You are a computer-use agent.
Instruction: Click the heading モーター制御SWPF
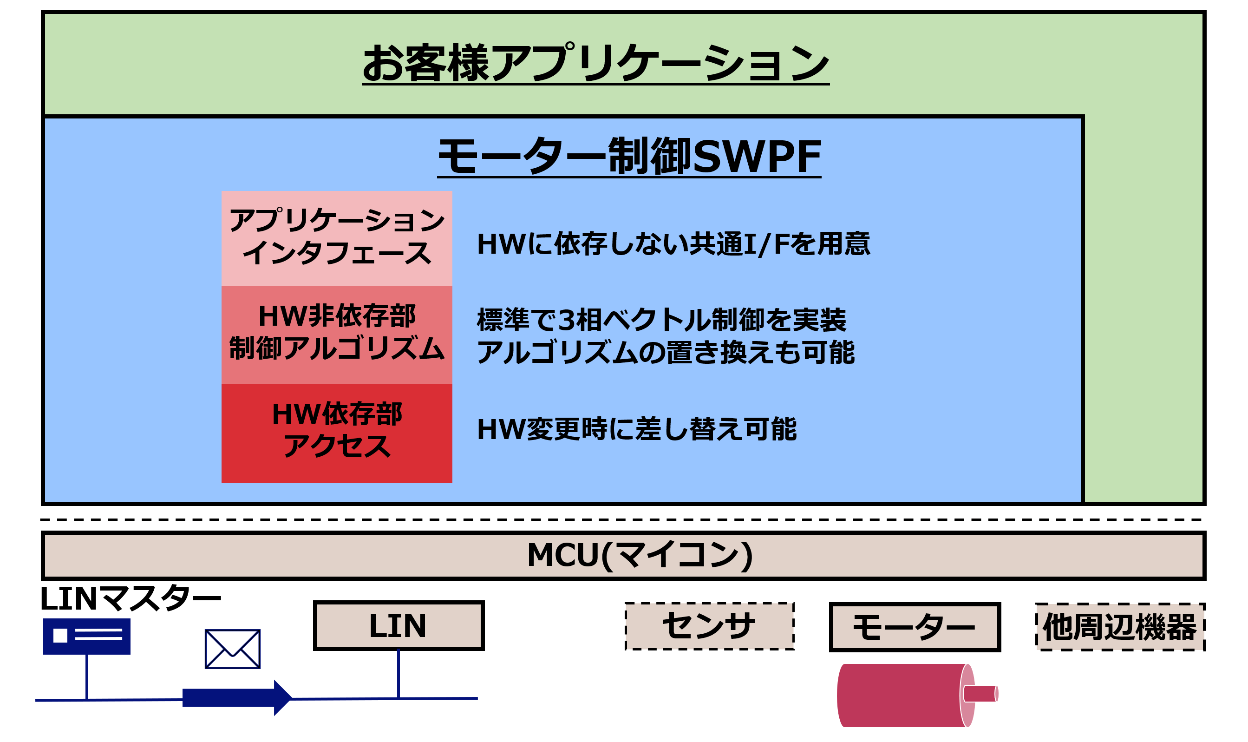[x=629, y=157]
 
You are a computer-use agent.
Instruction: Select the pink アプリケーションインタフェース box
[x=336, y=238]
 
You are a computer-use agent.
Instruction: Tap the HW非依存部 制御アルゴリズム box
[x=336, y=335]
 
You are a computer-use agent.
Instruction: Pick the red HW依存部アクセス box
[x=336, y=433]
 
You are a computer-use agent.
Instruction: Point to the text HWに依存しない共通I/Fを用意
[x=673, y=244]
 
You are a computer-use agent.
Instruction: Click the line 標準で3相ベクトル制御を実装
[x=661, y=320]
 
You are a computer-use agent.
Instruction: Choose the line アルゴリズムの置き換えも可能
[x=665, y=353]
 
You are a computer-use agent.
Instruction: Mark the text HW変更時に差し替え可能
[x=636, y=429]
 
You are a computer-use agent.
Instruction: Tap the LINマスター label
[x=130, y=598]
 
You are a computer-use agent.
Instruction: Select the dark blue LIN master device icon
[x=86, y=637]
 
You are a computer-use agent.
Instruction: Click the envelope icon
[x=232, y=649]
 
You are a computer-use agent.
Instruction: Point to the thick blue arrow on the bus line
[x=237, y=697]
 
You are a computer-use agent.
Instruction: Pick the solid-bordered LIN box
[x=399, y=625]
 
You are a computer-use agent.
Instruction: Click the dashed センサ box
[x=710, y=626]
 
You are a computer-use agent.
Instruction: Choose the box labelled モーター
[x=915, y=627]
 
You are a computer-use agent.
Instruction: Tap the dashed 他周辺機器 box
[x=1121, y=627]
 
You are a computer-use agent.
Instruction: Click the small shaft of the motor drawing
[x=980, y=694]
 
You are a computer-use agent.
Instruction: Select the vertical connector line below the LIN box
[x=399, y=674]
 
